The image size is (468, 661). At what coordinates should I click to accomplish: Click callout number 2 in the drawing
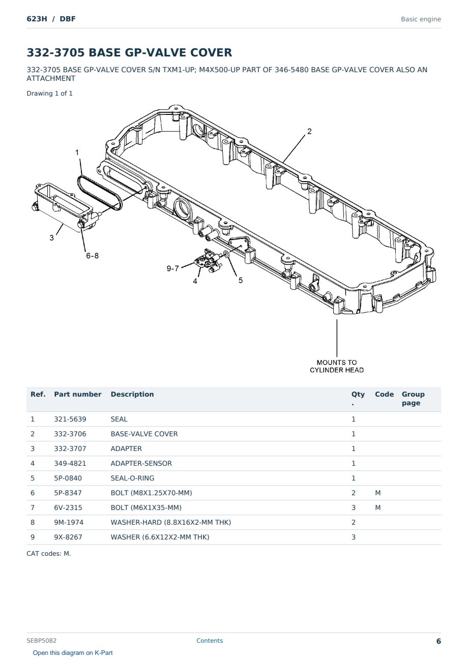click(x=309, y=131)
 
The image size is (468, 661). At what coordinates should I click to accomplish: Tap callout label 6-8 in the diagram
click(x=92, y=256)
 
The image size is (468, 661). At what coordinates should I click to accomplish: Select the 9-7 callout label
click(x=173, y=268)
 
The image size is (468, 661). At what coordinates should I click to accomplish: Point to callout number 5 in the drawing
click(x=240, y=280)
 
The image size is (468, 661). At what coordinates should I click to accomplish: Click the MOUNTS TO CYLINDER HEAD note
click(x=337, y=366)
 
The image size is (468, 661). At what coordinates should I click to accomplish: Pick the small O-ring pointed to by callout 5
click(x=226, y=254)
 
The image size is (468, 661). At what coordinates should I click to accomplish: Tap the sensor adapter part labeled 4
click(x=208, y=260)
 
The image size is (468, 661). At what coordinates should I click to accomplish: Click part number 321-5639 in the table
click(x=70, y=419)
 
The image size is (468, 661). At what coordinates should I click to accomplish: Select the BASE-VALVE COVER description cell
click(x=144, y=434)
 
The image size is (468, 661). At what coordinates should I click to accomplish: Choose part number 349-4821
click(x=70, y=463)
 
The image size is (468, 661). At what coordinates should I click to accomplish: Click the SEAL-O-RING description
click(x=132, y=478)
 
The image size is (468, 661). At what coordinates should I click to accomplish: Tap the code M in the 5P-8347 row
click(x=377, y=493)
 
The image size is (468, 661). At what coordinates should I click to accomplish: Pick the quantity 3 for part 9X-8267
click(x=354, y=537)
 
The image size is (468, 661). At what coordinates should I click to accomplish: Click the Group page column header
click(x=413, y=398)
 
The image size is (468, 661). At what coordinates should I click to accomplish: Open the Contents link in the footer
click(x=210, y=641)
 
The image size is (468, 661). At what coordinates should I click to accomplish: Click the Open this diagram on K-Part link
click(x=73, y=653)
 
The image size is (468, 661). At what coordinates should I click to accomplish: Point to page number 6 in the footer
click(x=438, y=641)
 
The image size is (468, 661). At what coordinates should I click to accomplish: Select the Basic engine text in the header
click(x=421, y=19)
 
